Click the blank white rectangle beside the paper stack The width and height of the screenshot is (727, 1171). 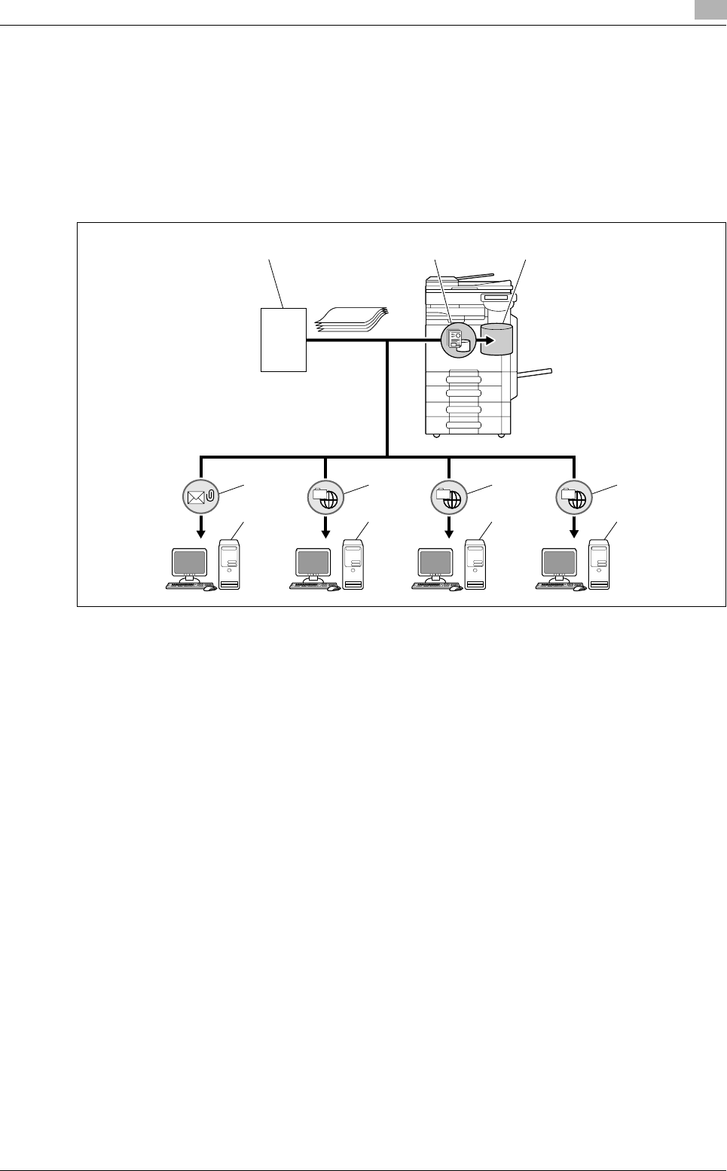[x=283, y=339]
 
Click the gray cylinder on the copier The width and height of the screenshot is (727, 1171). [x=497, y=339]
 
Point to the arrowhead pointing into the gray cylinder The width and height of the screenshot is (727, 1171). [x=487, y=339]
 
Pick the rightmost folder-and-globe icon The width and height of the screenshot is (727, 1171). [x=573, y=496]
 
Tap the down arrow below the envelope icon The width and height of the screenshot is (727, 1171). [x=200, y=532]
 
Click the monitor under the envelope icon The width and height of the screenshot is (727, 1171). [x=189, y=563]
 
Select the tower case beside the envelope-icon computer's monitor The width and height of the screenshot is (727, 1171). [x=230, y=563]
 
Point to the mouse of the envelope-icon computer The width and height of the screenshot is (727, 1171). [x=210, y=588]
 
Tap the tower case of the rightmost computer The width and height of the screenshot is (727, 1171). [x=599, y=563]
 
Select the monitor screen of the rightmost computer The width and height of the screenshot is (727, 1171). [x=560, y=562]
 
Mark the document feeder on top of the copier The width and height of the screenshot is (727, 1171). [x=460, y=282]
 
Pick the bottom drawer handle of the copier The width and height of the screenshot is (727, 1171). [x=463, y=425]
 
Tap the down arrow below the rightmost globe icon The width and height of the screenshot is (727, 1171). [x=573, y=532]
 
